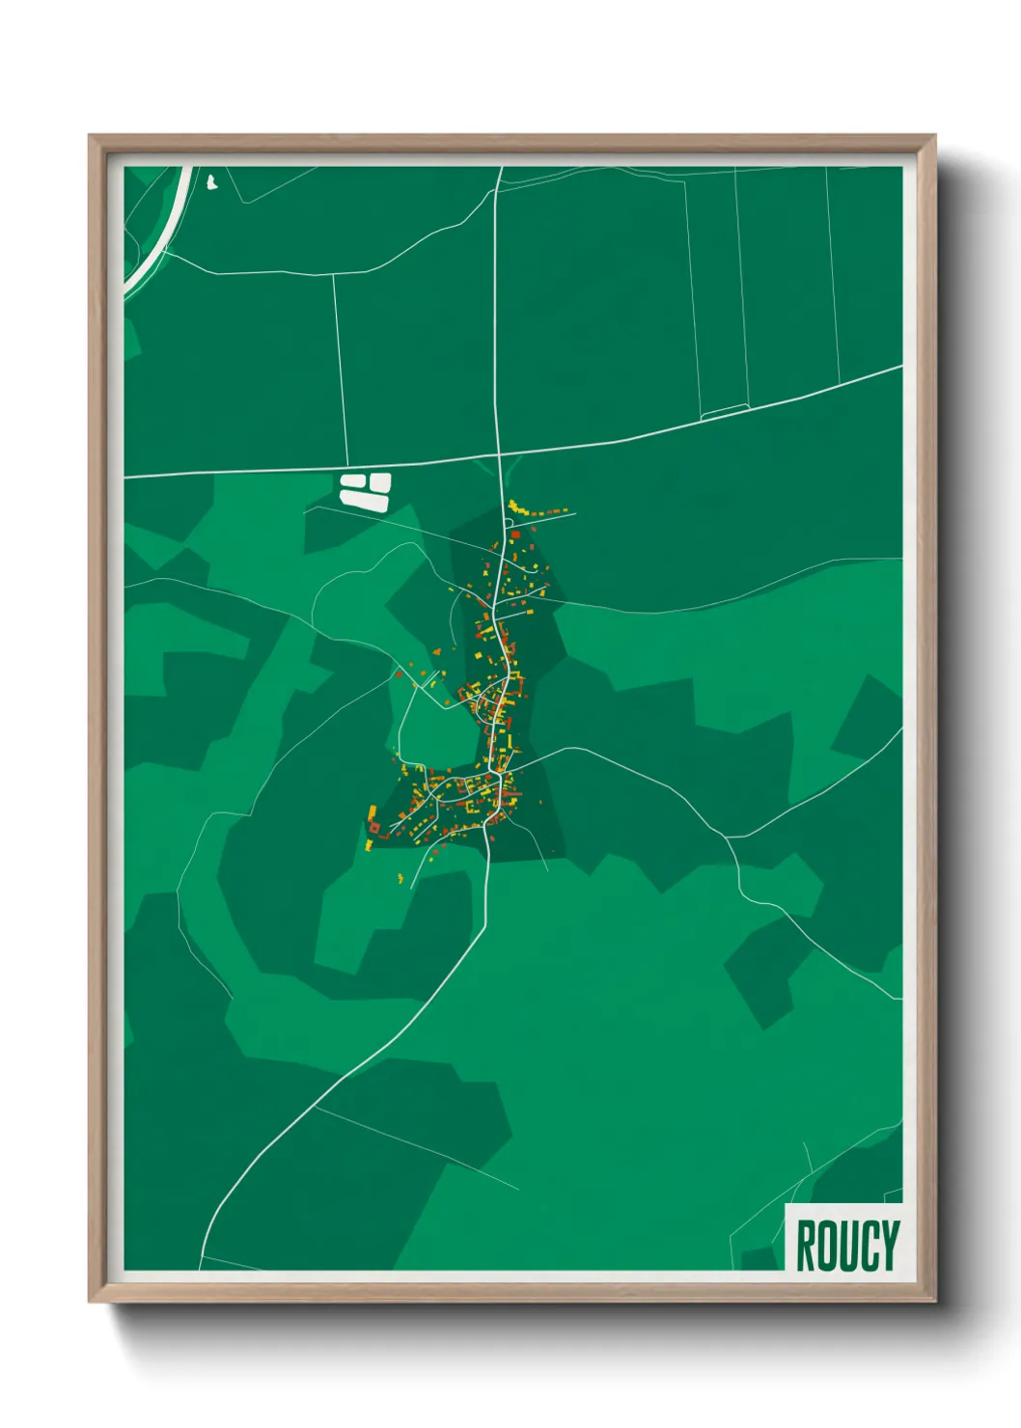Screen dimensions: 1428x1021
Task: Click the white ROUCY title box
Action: pyautogui.click(x=844, y=1239)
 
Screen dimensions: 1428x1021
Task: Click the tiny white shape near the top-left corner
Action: pyautogui.click(x=211, y=180)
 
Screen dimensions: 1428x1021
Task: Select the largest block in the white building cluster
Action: pyautogui.click(x=364, y=500)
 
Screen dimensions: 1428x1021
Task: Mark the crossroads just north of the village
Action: pyautogui.click(x=499, y=453)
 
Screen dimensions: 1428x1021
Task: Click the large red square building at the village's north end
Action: pyautogui.click(x=515, y=533)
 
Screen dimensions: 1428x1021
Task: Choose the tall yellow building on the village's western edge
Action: pyautogui.click(x=373, y=813)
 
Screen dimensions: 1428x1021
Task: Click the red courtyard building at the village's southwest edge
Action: pyautogui.click(x=373, y=828)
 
